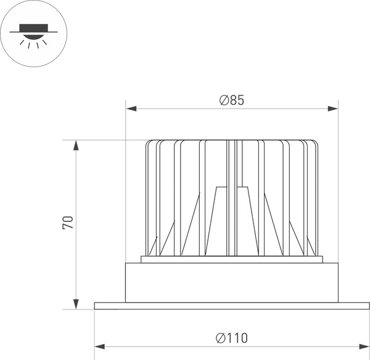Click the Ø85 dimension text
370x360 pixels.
(x=232, y=100)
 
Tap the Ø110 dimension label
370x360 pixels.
(x=232, y=337)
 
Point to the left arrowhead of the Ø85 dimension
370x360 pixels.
(x=131, y=109)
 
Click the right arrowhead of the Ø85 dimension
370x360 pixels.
(x=333, y=109)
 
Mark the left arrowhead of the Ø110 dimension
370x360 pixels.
(x=100, y=345)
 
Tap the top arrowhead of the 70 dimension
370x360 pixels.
(x=76, y=145)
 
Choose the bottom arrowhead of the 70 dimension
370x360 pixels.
(x=76, y=303)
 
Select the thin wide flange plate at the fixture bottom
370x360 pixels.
(x=232, y=306)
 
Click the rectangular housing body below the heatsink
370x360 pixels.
(x=232, y=282)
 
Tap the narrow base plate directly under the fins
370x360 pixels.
(x=232, y=259)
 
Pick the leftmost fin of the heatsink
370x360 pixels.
(x=148, y=197)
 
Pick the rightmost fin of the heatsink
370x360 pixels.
(x=316, y=197)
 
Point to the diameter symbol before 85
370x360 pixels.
(x=224, y=100)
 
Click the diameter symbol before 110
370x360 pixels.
(x=221, y=337)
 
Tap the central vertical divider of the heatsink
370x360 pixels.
(x=232, y=197)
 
